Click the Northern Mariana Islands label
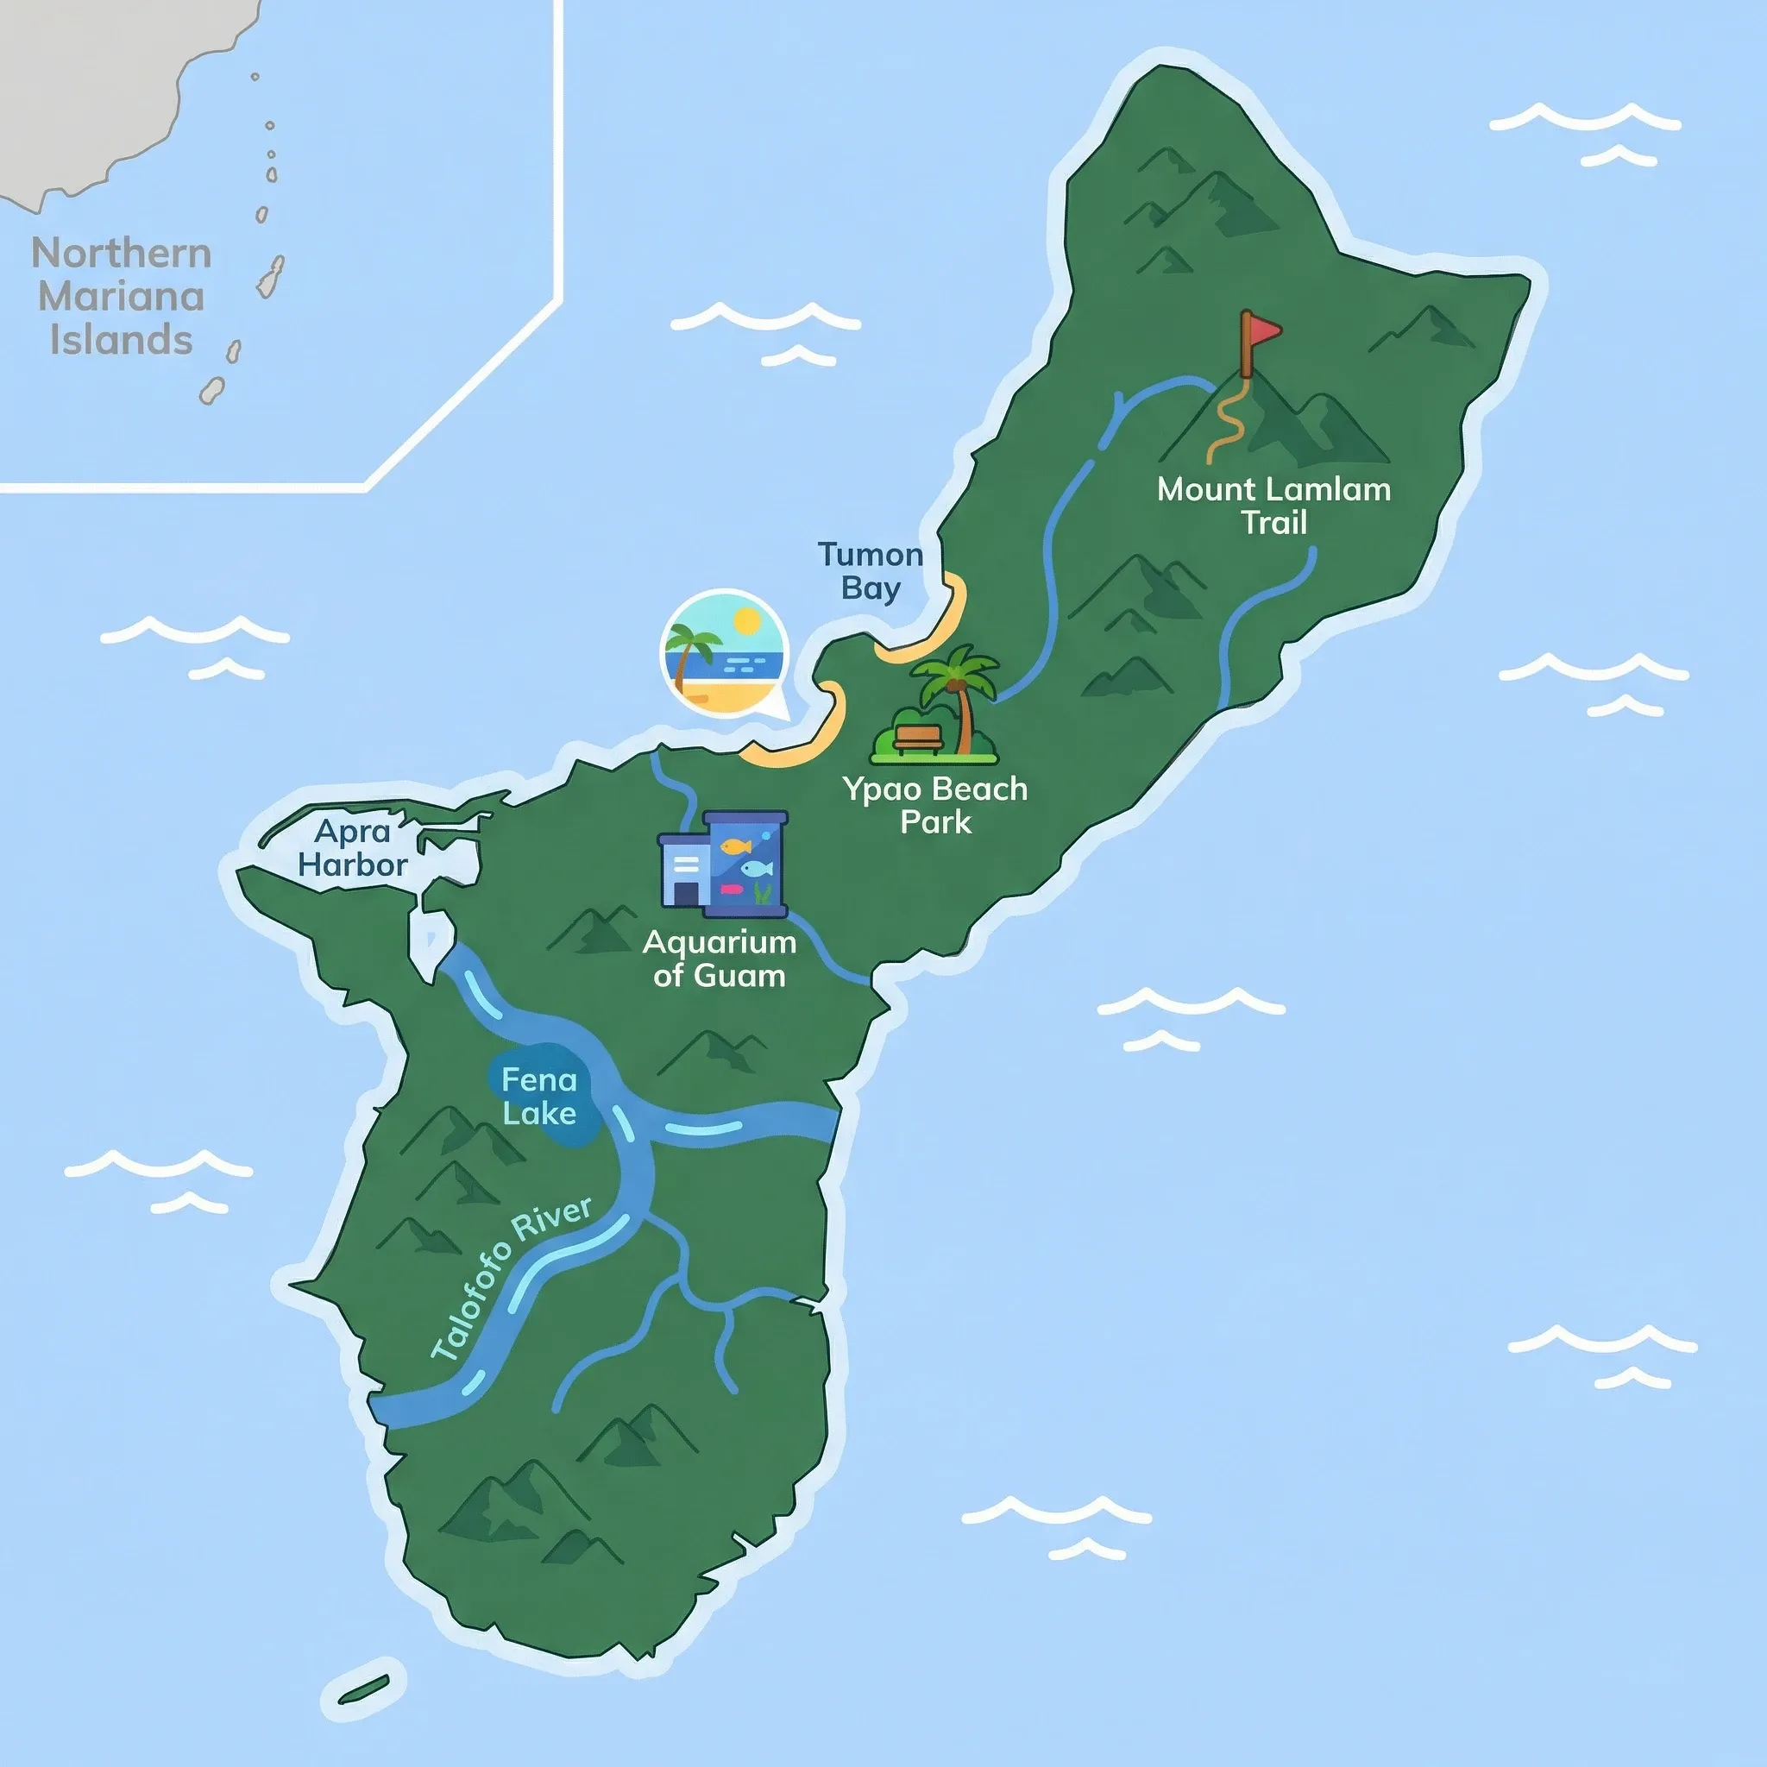(x=121, y=296)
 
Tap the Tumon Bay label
(x=870, y=570)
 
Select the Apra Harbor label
(x=352, y=848)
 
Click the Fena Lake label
(x=539, y=1097)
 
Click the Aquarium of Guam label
(x=719, y=959)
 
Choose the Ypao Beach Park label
(x=934, y=805)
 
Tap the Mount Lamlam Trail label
(x=1273, y=506)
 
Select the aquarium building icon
(x=722, y=864)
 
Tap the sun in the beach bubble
(x=747, y=622)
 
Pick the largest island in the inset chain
(x=271, y=275)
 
